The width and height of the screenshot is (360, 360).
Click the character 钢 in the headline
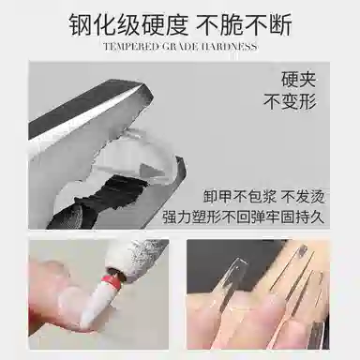[81, 24]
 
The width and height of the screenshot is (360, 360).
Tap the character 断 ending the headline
[280, 24]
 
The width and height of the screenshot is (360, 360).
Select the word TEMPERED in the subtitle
[131, 47]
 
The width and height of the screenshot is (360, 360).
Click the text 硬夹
[299, 80]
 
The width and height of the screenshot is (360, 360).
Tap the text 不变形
[290, 101]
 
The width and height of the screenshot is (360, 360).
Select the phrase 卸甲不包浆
[240, 197]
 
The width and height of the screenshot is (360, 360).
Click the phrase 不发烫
[303, 197]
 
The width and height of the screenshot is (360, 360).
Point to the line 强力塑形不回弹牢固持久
[243, 217]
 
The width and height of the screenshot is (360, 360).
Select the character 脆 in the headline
[232, 24]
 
